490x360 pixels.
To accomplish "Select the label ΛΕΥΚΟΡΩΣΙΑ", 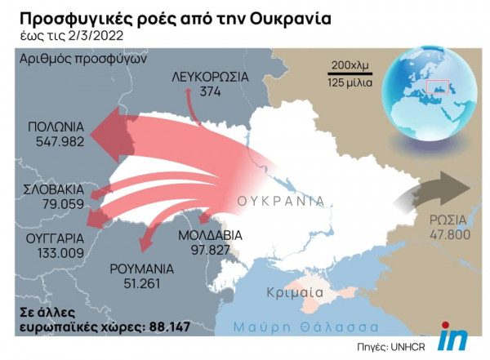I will click(x=210, y=78).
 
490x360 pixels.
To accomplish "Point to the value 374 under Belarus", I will click(x=210, y=91).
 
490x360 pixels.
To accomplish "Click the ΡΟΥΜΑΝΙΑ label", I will click(x=142, y=269).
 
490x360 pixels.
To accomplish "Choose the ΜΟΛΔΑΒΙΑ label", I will click(x=210, y=235).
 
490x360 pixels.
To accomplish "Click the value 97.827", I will click(x=210, y=249).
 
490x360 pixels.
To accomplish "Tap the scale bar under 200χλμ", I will click(x=350, y=73).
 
